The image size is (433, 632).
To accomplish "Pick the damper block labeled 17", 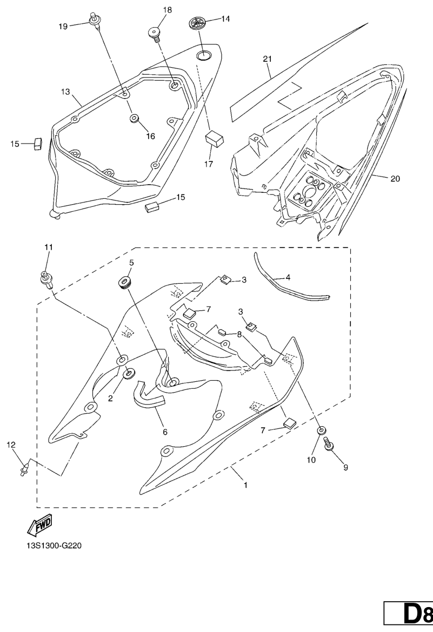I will (215, 139).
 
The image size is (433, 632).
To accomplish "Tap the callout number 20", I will (395, 179).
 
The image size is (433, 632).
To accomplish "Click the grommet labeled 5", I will (125, 282).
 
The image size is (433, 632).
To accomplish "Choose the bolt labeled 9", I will (328, 446).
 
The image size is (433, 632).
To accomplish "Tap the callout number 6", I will (165, 432).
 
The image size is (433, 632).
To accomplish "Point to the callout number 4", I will (288, 277).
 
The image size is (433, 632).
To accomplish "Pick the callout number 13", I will (65, 92).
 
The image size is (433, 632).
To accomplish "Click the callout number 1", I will (245, 485).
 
